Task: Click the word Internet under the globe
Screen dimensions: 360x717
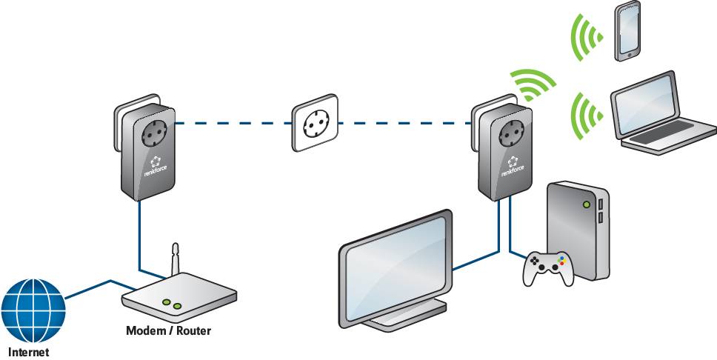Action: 29,353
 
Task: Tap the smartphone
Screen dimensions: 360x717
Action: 627,31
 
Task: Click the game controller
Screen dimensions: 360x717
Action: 547,268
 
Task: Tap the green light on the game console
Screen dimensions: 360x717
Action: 587,203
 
